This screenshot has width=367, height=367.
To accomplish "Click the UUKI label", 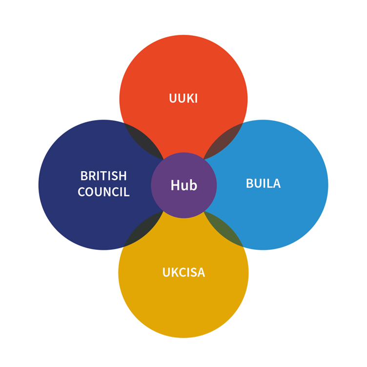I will [x=183, y=98].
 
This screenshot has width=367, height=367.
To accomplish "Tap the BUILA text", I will [x=263, y=183].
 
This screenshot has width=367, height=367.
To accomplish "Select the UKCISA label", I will [x=183, y=272].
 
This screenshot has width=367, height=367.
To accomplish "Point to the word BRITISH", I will [x=103, y=176].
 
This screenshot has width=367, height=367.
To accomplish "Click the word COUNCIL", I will [x=103, y=192].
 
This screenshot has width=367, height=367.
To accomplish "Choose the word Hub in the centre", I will [x=183, y=185].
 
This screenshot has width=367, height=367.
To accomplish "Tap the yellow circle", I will [x=183, y=307].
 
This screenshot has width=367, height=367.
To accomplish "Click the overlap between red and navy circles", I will [x=142, y=139].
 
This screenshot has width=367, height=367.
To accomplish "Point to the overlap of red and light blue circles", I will [x=225, y=139].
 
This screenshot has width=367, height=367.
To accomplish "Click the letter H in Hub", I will [x=174, y=185].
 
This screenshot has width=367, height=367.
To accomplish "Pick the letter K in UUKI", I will [x=190, y=98].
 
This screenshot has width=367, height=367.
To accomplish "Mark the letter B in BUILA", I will [x=249, y=183].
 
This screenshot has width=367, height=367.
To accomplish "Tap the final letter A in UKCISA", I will [x=202, y=272].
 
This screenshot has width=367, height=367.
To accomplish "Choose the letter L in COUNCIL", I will [x=127, y=192].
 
